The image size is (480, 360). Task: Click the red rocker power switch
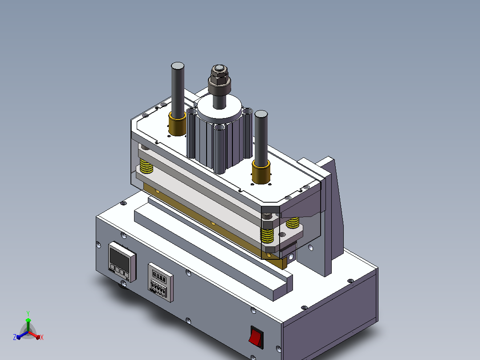(256, 337)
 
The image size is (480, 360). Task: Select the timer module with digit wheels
(160, 282)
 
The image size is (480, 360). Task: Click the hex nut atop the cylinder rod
(219, 78)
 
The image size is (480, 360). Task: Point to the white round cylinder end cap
(219, 108)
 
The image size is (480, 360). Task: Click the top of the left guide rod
(178, 66)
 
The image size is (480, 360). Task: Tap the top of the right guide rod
(261, 114)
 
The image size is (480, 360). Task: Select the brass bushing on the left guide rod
(177, 124)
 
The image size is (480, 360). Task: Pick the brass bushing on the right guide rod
(261, 172)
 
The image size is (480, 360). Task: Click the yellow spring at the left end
(146, 166)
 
